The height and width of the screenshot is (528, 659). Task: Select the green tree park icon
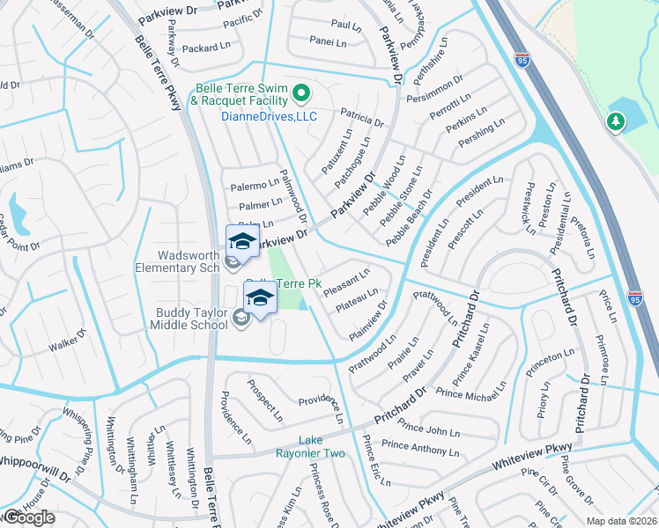pos(615,122)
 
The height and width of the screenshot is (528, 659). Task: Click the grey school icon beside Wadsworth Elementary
pos(233,260)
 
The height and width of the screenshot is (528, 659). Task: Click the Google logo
pos(30,517)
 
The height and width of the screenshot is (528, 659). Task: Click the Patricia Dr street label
pos(362,117)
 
